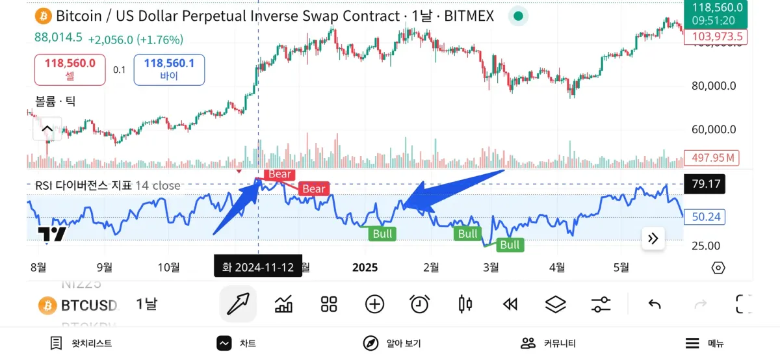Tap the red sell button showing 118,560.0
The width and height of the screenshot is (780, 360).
[70, 70]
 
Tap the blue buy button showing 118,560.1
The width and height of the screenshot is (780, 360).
[169, 70]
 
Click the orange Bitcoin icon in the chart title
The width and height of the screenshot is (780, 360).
[44, 16]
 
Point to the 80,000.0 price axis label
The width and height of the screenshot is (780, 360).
[713, 86]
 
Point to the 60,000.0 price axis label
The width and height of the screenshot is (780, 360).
[713, 129]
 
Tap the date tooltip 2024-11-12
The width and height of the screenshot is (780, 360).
[258, 267]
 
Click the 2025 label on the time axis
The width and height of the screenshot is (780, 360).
[365, 267]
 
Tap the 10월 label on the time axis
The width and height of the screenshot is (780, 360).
[168, 267]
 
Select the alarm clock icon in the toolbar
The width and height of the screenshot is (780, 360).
[419, 303]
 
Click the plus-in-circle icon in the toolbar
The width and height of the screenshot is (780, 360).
[374, 303]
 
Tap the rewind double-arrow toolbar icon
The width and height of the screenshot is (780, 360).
[510, 303]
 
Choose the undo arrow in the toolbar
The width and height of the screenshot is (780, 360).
[655, 303]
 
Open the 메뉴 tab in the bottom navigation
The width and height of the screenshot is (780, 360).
[705, 343]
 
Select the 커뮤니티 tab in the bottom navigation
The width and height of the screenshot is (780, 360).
[549, 343]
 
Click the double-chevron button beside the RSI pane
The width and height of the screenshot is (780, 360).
[653, 238]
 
